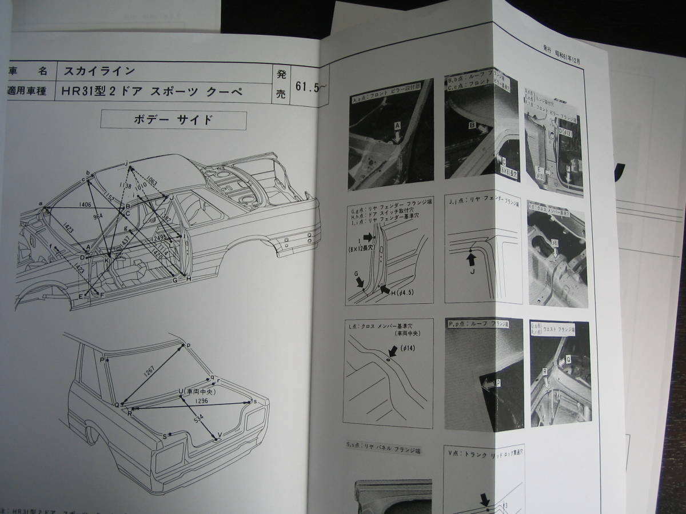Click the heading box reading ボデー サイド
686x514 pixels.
[x=173, y=121]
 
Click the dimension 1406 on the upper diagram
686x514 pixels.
[x=85, y=203]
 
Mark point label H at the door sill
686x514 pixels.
[x=189, y=279]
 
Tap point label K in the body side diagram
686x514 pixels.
[x=107, y=260]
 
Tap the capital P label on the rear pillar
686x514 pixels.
[x=101, y=360]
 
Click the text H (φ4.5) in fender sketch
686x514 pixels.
[x=401, y=293]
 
